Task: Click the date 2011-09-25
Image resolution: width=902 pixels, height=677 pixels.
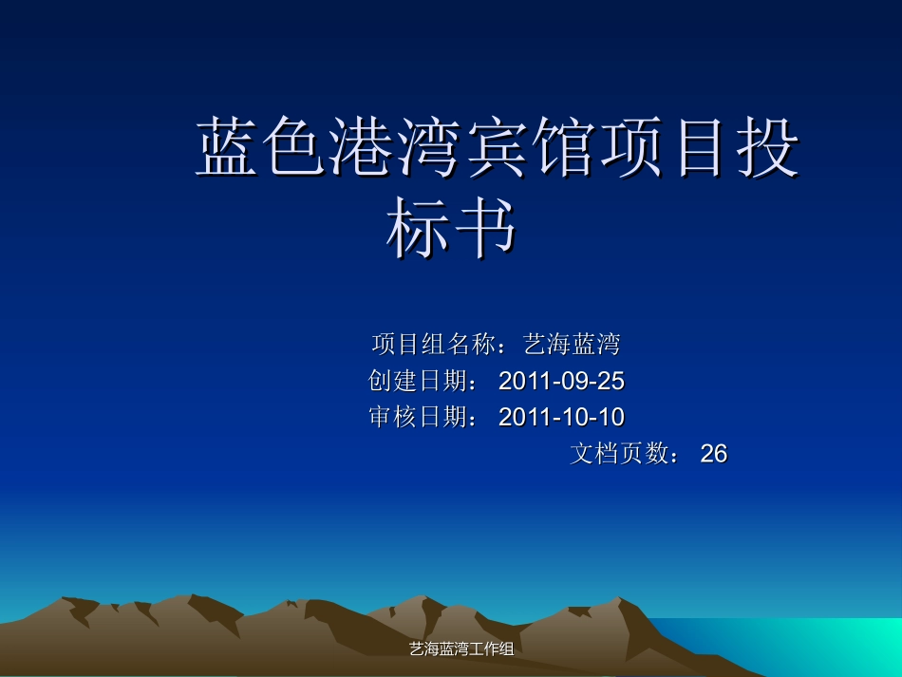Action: pyautogui.click(x=561, y=381)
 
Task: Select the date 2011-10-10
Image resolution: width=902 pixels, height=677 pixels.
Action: pyautogui.click(x=561, y=417)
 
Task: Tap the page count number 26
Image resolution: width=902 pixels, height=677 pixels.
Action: pyautogui.click(x=714, y=454)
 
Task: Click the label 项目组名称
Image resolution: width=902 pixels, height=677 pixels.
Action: pyautogui.click(x=433, y=343)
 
